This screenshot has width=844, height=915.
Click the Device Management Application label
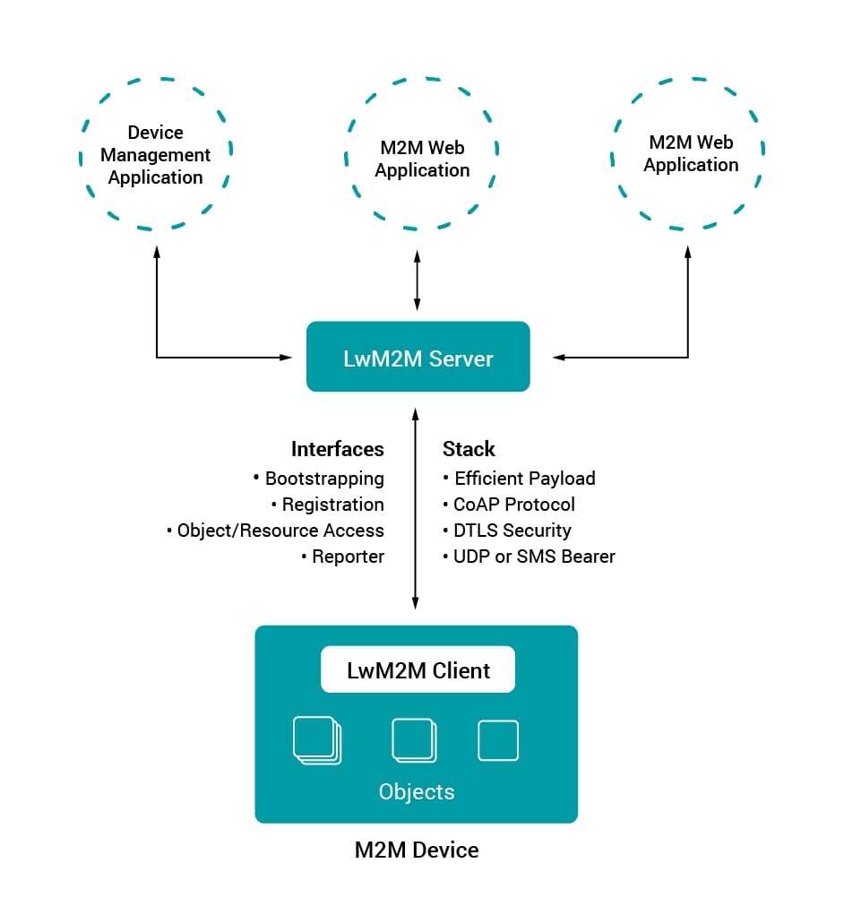(x=155, y=155)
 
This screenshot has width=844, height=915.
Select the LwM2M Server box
(x=418, y=358)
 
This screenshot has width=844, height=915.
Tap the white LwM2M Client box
(x=418, y=669)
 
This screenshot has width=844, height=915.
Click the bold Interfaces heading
(x=337, y=449)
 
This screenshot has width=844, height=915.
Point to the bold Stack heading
(x=469, y=449)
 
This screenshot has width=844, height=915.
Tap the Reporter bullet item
(x=347, y=557)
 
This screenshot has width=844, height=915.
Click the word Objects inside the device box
(x=417, y=792)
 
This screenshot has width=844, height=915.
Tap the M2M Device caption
(x=417, y=850)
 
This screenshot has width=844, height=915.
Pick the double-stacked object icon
(x=414, y=741)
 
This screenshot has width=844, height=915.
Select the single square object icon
(x=498, y=740)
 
